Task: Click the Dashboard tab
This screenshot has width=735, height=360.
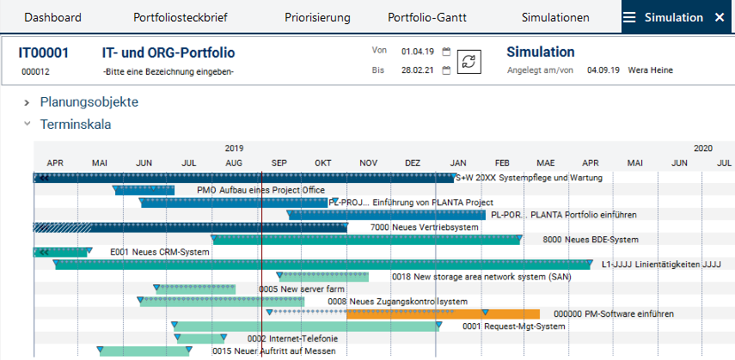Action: coord(52,17)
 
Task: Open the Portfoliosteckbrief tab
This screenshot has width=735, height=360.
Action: coord(179,17)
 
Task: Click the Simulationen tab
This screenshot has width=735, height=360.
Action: coord(555,17)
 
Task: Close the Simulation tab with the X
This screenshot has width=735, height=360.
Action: coord(720,17)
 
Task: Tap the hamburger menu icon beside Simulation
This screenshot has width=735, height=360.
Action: coord(630,17)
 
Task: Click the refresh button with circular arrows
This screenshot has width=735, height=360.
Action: coord(469,62)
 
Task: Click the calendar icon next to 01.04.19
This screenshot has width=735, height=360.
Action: coord(446,52)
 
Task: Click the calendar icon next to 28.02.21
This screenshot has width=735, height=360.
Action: coord(446,70)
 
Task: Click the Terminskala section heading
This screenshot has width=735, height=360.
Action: coord(76,125)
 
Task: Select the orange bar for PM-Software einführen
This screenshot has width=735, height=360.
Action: coord(444,314)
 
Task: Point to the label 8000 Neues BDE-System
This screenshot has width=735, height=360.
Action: coord(591,240)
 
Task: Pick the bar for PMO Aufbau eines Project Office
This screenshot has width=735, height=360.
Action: coord(144,190)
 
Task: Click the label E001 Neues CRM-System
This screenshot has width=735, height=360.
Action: coord(160,253)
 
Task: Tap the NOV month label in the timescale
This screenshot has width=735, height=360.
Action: coord(368,162)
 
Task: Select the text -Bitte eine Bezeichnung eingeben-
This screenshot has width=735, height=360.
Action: coord(168,71)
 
